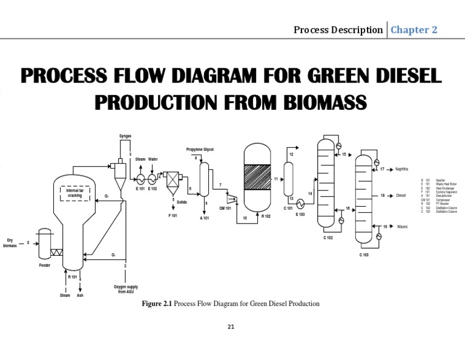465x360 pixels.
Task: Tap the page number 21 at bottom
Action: [230, 327]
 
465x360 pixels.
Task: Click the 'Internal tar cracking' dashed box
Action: [74, 193]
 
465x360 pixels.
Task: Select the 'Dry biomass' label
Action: [11, 243]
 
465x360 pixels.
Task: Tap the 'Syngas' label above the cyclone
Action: [125, 136]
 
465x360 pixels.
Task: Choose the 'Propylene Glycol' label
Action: [200, 149]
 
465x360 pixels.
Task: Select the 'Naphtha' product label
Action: [402, 169]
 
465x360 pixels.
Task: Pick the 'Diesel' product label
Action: [400, 196]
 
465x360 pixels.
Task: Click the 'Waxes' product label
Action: [401, 227]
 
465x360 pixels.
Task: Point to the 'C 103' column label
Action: [364, 255]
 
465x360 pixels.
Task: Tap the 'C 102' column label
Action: [328, 238]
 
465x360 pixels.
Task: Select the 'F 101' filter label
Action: [173, 216]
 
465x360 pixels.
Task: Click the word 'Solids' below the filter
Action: [182, 202]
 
